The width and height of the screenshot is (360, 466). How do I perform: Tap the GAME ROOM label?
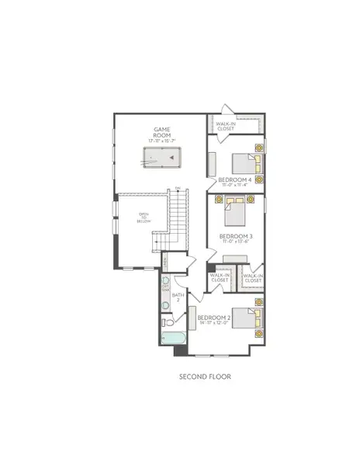(x=161, y=133)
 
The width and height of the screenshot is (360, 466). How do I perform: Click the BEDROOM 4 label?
(x=234, y=180)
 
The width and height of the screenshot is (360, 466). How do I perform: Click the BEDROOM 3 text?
(x=234, y=235)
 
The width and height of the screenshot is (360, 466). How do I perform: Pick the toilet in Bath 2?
(x=166, y=321)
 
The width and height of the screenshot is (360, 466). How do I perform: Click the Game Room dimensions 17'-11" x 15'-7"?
(x=161, y=140)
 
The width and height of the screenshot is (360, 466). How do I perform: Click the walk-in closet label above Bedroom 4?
(x=226, y=126)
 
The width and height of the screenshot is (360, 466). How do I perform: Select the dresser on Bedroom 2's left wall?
(x=191, y=319)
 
